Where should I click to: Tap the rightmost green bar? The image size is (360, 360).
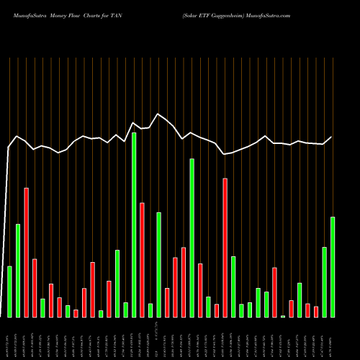(x=333, y=266)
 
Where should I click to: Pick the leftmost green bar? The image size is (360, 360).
(x=10, y=292)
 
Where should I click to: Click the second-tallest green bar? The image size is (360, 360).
(x=192, y=238)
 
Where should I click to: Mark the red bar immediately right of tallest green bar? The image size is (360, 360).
(x=142, y=259)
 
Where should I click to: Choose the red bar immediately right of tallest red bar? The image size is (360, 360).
(x=35, y=287)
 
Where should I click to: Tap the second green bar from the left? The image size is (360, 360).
(x=18, y=270)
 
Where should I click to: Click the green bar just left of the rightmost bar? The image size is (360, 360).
(x=324, y=282)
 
